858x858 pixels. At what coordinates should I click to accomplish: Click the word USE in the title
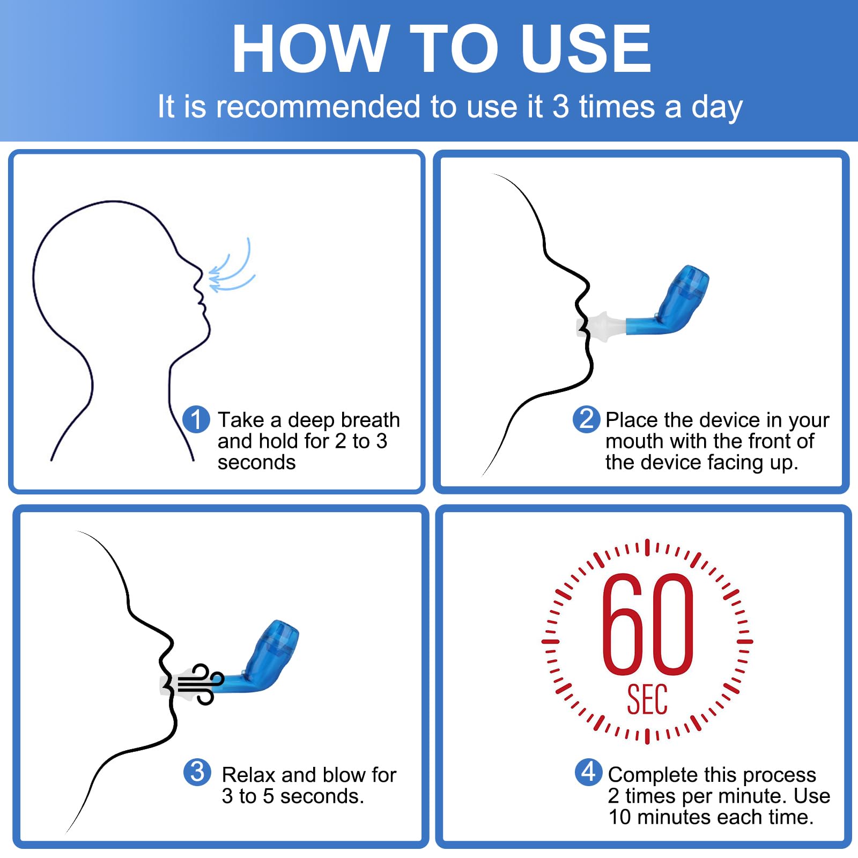coord(586,48)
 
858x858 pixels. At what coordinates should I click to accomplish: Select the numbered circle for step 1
coord(196,419)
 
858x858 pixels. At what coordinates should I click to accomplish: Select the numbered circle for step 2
coord(587,419)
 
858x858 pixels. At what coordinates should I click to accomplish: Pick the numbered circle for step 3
coord(197,772)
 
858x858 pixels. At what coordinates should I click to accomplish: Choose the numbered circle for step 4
coord(589,772)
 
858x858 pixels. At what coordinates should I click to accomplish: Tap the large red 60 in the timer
coord(648,624)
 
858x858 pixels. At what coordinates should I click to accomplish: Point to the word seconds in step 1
coord(256,463)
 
